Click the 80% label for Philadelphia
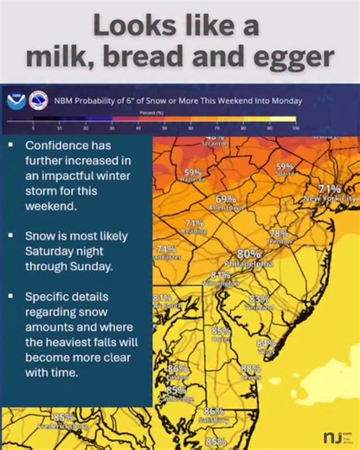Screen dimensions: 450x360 point(249,254)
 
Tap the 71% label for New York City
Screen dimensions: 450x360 point(330,189)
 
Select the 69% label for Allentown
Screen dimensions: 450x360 point(226,199)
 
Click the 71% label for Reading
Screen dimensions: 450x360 point(195,223)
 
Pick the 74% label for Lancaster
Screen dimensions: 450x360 point(165,248)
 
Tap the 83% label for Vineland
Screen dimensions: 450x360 point(258,299)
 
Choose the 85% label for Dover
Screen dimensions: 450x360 point(221,331)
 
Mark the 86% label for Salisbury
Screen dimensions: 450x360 point(214,411)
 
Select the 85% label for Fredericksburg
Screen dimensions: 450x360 point(63,417)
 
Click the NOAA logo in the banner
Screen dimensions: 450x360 point(16,100)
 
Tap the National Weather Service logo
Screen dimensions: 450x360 point(38,100)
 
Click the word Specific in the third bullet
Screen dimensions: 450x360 point(51,297)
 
